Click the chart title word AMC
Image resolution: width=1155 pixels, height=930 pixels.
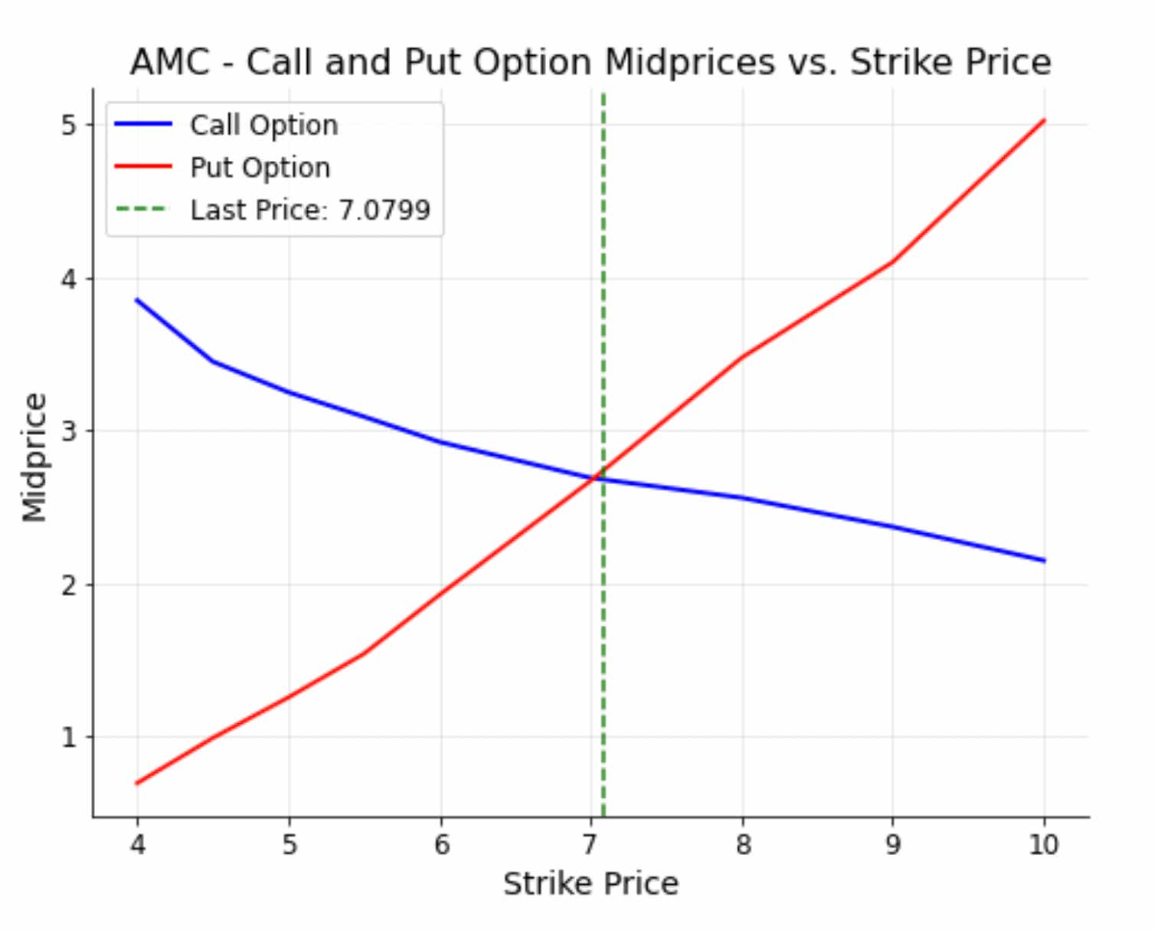pyautogui.click(x=169, y=62)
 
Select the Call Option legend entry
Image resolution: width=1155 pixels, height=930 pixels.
pyautogui.click(x=263, y=125)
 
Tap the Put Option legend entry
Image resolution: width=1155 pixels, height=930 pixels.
pyautogui.click(x=260, y=168)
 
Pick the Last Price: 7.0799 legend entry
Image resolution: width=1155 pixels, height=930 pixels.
pyautogui.click(x=310, y=210)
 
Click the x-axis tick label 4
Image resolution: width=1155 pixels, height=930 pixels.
pyautogui.click(x=138, y=844)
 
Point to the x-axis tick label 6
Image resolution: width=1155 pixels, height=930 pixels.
pyautogui.click(x=441, y=844)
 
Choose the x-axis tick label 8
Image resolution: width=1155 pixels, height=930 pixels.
pyautogui.click(x=743, y=844)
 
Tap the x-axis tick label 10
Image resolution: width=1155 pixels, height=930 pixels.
pyautogui.click(x=1043, y=844)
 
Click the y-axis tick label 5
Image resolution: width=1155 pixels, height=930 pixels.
pyautogui.click(x=70, y=125)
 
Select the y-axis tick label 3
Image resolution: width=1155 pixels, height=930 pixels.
pyautogui.click(x=70, y=431)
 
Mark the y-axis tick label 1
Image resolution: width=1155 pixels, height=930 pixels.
pyautogui.click(x=70, y=737)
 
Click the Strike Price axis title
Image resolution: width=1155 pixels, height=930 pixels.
pyautogui.click(x=591, y=884)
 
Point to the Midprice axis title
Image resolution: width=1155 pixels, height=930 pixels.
pyautogui.click(x=34, y=457)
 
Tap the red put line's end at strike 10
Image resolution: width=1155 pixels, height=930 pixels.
pyautogui.click(x=1044, y=120)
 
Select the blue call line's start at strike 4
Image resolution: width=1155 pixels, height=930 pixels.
pyautogui.click(x=137, y=300)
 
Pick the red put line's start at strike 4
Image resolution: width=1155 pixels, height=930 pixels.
pyautogui.click(x=137, y=783)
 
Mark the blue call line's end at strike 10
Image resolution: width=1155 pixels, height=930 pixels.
pyautogui.click(x=1044, y=561)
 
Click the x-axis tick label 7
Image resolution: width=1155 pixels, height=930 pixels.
pyautogui.click(x=590, y=844)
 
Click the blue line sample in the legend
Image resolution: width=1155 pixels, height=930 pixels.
pyautogui.click(x=143, y=124)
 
